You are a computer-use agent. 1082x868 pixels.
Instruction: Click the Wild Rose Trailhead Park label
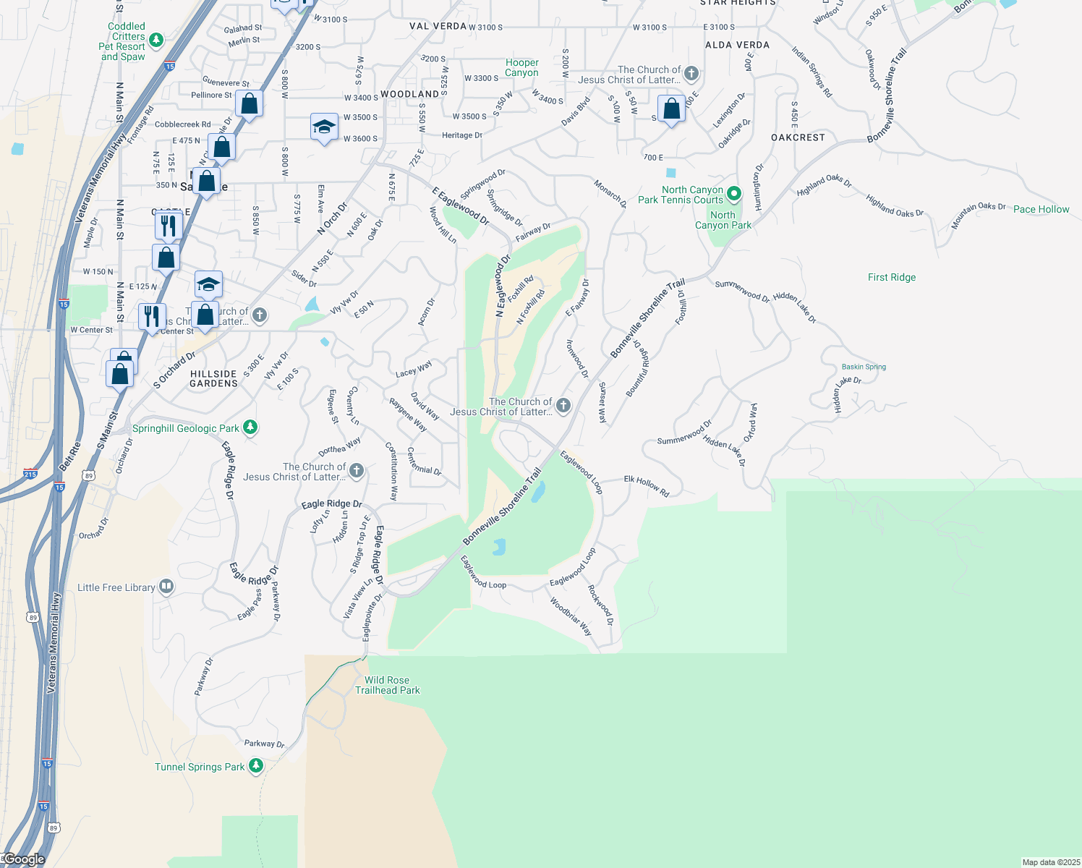pos(387,685)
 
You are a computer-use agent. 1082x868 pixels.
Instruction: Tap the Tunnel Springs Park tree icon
pos(256,766)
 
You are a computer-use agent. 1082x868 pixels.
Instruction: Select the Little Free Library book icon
pos(166,587)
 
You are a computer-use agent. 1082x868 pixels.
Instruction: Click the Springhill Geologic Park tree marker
pos(250,427)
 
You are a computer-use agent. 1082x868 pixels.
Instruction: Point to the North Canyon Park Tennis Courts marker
pos(734,193)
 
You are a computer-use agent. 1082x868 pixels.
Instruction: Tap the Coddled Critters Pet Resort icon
pos(156,40)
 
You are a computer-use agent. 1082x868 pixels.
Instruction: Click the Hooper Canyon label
pos(521,68)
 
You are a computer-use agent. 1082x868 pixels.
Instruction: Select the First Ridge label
pos(891,277)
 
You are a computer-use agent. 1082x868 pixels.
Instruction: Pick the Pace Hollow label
pos(1041,209)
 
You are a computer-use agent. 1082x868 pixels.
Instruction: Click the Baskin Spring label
pos(864,367)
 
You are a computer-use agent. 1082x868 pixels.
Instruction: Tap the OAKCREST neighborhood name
pos(798,137)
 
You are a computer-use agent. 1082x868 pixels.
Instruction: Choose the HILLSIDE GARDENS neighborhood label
pos(213,379)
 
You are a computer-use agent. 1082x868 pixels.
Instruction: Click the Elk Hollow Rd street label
pos(647,485)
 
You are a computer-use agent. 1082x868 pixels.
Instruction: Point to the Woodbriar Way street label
pos(571,616)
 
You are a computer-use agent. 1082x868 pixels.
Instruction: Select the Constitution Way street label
pos(392,472)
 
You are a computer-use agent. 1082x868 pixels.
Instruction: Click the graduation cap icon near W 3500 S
pos(323,127)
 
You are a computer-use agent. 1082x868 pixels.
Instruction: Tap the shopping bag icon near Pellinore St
pos(249,104)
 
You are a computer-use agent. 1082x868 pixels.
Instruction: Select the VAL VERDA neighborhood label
pos(438,26)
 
